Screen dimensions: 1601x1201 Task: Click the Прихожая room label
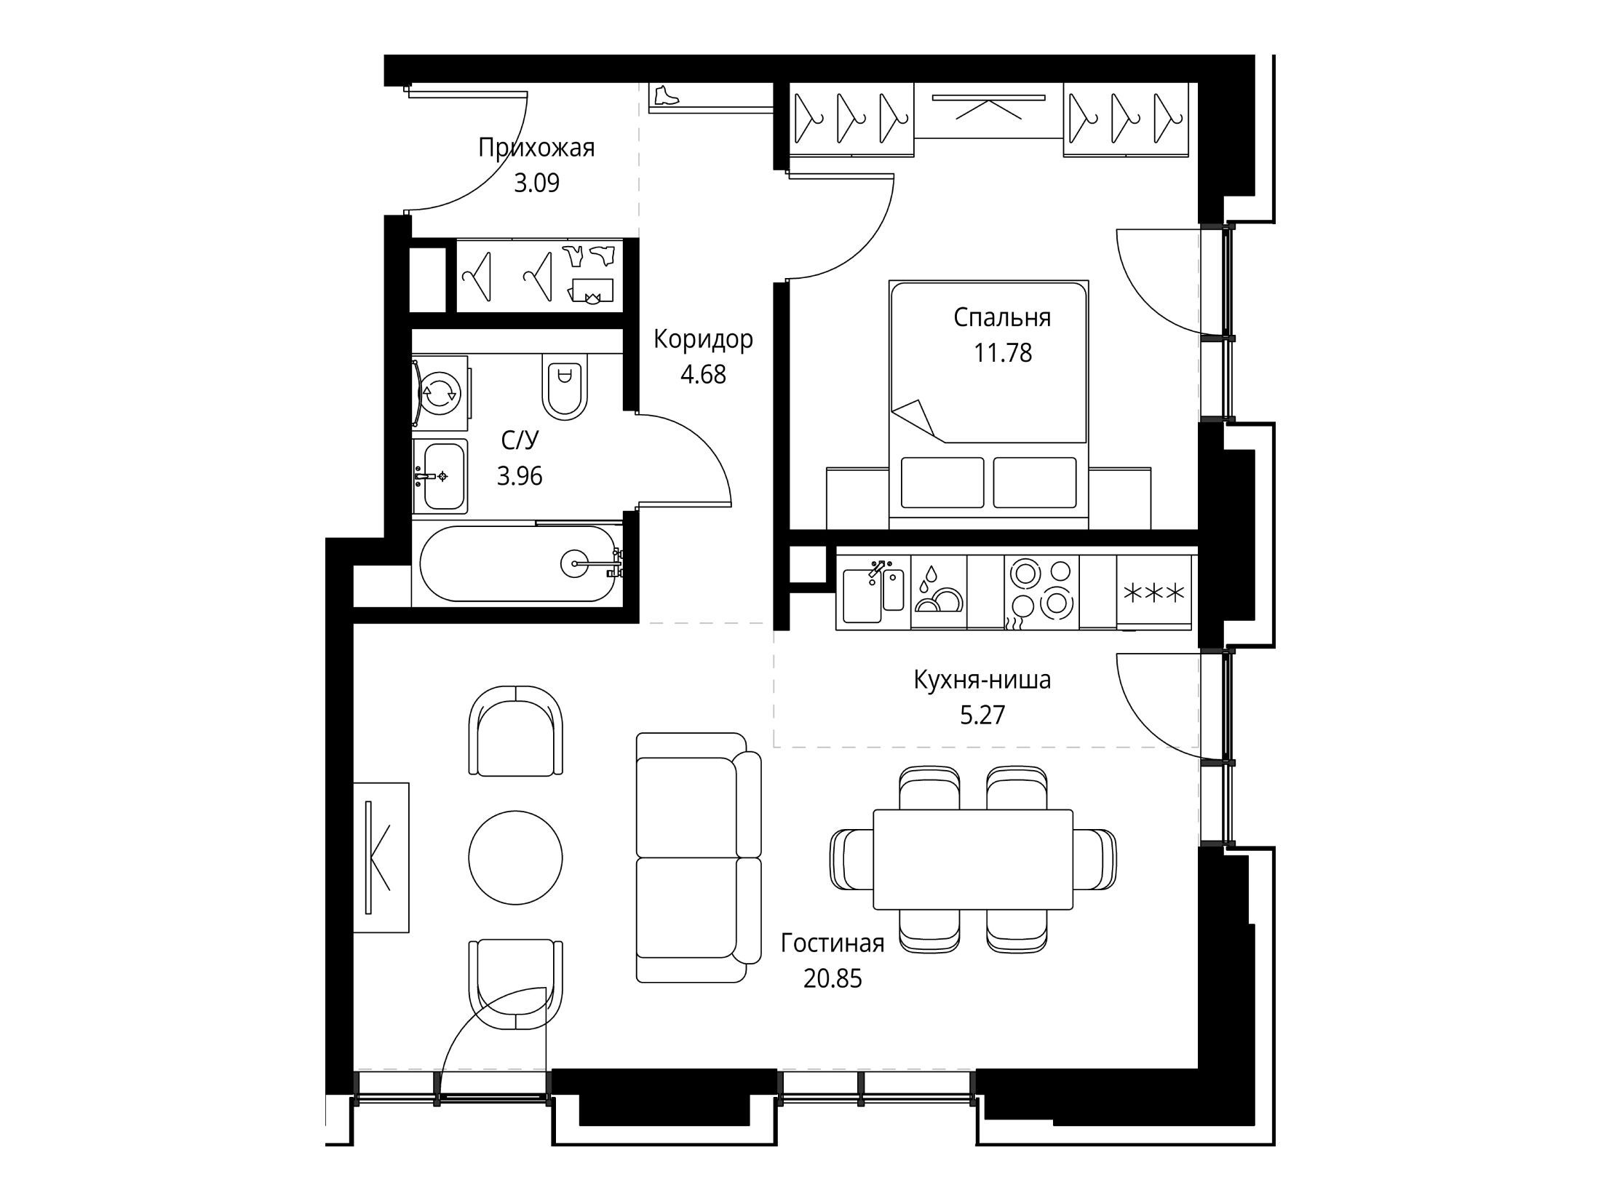pyautogui.click(x=536, y=148)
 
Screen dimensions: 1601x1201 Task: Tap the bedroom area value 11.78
pyautogui.click(x=1003, y=353)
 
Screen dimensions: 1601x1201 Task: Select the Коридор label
pyautogui.click(x=703, y=339)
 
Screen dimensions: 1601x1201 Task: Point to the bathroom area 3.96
pyautogui.click(x=520, y=476)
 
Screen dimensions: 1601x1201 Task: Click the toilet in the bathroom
pyautogui.click(x=564, y=387)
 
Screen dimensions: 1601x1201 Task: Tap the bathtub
pyautogui.click(x=519, y=564)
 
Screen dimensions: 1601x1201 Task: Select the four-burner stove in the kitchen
pyautogui.click(x=1041, y=591)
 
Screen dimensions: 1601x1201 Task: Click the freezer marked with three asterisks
pyautogui.click(x=1155, y=592)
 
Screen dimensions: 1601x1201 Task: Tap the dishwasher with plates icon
pyautogui.click(x=939, y=592)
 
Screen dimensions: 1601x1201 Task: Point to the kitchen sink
pyautogui.click(x=873, y=592)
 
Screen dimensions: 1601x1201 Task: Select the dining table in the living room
pyautogui.click(x=973, y=859)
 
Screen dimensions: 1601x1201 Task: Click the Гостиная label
pyautogui.click(x=833, y=943)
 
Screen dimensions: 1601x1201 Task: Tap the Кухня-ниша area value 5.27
pyautogui.click(x=982, y=715)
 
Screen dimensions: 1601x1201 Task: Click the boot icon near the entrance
pyautogui.click(x=666, y=95)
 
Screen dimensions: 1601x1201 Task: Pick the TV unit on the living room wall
pyautogui.click(x=381, y=857)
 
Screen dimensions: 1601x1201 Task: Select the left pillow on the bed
pyautogui.click(x=942, y=482)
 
